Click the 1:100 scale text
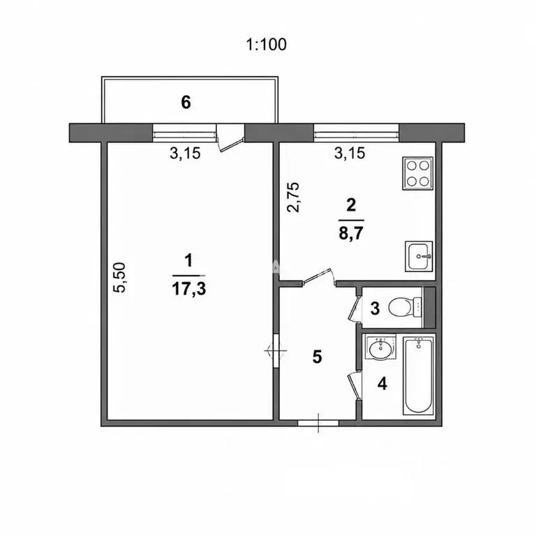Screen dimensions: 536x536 [x=267, y=45]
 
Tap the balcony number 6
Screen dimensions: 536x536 [x=186, y=102]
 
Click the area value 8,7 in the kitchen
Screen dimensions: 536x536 [x=351, y=234]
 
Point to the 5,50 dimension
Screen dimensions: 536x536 [x=120, y=277]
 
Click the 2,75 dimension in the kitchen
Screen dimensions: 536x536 [x=293, y=198]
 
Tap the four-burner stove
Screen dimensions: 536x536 [x=418, y=173]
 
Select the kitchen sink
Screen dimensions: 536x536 [x=419, y=256]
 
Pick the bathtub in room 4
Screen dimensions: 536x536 [x=418, y=375]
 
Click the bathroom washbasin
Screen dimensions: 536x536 [x=380, y=347]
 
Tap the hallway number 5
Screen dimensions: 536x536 [x=318, y=357]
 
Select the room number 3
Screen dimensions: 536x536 [x=375, y=308]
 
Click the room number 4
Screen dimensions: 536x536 [x=382, y=384]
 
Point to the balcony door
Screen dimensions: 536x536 [x=231, y=137]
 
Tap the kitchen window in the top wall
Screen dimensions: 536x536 [x=356, y=133]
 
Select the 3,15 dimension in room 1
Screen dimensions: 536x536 [x=185, y=153]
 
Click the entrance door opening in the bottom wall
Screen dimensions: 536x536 [x=318, y=423]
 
